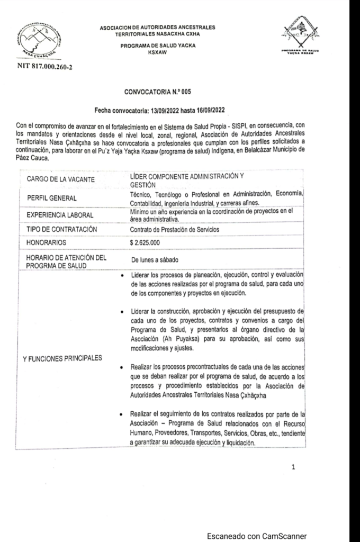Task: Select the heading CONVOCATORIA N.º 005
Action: [157, 92]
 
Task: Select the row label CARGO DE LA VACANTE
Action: [61, 180]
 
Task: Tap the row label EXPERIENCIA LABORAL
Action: [60, 215]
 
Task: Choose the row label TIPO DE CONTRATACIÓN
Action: [62, 229]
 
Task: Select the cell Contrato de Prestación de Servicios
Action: [174, 230]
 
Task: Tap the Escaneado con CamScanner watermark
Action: [256, 535]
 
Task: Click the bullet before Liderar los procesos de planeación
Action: [123, 276]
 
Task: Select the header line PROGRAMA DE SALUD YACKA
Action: [158, 46]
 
